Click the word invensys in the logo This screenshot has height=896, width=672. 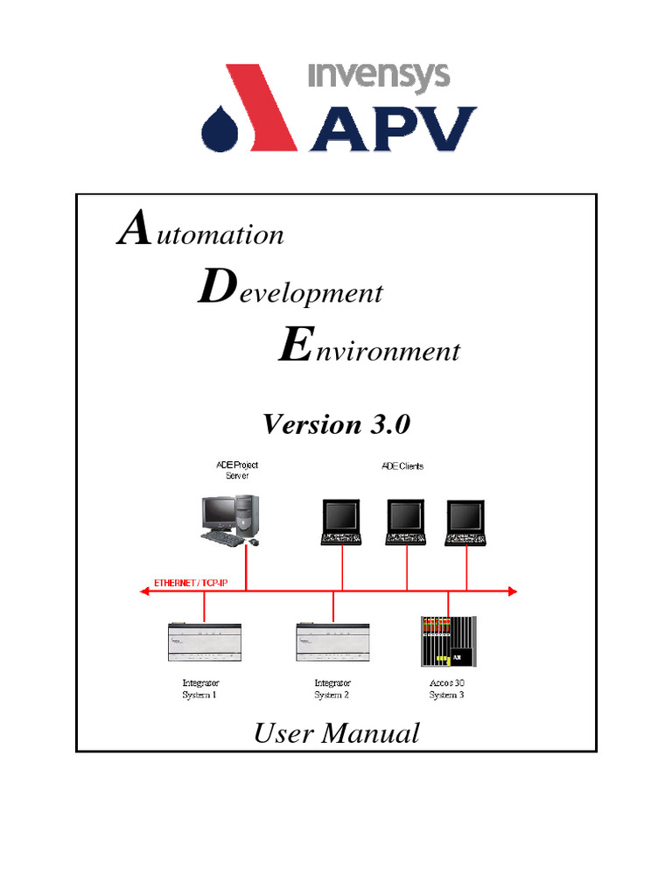point(379,77)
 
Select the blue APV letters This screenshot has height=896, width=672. point(394,129)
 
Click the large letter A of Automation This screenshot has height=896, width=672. point(131,230)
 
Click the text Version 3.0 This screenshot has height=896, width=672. point(336,424)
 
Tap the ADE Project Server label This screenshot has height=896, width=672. point(237,471)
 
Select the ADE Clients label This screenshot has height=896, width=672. point(402,466)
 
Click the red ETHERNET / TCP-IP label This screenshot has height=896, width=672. point(191,583)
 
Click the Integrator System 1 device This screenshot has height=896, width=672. point(205,645)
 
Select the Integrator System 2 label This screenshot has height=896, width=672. point(332,689)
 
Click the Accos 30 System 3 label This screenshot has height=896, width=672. point(447,689)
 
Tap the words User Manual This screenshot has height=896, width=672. point(336,733)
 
